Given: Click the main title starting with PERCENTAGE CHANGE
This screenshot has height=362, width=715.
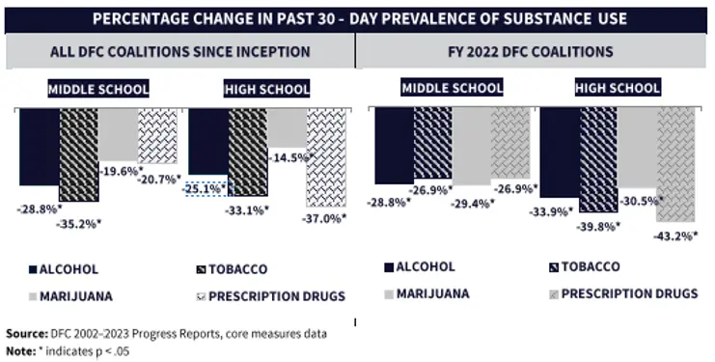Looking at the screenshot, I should [x=357, y=16].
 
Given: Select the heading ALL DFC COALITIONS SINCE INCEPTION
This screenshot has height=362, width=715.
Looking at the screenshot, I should [x=179, y=51].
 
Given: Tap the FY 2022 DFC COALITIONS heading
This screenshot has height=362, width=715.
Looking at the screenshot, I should [x=534, y=51].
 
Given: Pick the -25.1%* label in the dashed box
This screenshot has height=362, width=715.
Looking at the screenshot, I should [x=206, y=188].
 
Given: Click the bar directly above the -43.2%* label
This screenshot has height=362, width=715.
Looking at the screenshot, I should [x=675, y=164].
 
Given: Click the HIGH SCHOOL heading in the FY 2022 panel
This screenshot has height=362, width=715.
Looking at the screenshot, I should [x=618, y=88].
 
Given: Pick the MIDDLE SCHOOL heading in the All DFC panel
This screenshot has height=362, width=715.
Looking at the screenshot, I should [x=99, y=89].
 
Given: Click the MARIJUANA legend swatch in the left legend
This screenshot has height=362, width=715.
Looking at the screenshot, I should [x=33, y=294].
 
